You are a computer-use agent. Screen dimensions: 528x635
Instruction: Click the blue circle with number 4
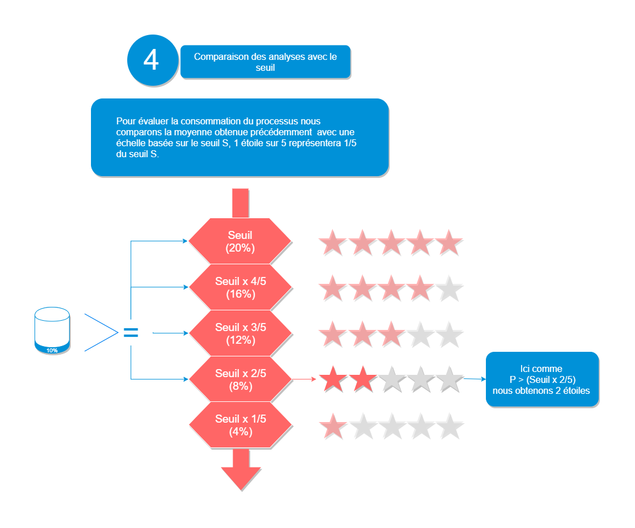click(x=151, y=60)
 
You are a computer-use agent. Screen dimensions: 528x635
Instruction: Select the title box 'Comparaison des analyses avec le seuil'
click(x=265, y=62)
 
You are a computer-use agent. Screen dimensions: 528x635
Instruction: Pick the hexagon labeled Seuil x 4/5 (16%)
click(x=240, y=287)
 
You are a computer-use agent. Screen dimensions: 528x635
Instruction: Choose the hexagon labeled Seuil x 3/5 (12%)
click(x=240, y=333)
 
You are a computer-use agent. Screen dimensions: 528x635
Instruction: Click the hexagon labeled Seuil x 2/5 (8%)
click(x=240, y=379)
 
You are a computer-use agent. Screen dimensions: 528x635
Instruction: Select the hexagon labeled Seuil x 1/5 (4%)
click(x=240, y=425)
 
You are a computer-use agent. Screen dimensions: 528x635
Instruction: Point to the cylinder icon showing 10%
click(x=52, y=331)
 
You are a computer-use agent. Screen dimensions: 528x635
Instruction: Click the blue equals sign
click(x=131, y=332)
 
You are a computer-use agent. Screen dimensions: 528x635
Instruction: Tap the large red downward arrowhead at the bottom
click(x=241, y=477)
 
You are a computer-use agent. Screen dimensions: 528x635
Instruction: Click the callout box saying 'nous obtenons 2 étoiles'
click(x=542, y=379)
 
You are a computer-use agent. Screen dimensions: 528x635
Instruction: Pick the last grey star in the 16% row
click(x=450, y=288)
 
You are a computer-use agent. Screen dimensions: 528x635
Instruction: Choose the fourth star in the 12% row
click(x=420, y=335)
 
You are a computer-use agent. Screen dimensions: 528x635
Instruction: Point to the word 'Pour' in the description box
click(x=124, y=121)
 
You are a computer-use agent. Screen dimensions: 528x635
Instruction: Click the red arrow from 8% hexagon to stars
click(x=305, y=379)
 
